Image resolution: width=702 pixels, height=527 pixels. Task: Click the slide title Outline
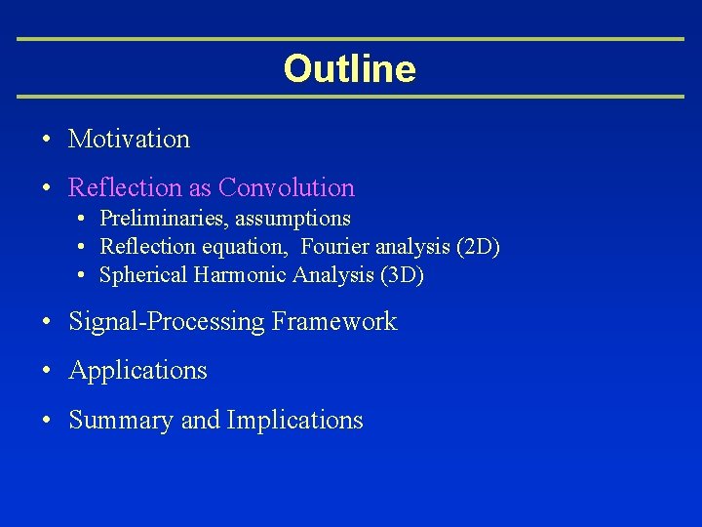point(349,69)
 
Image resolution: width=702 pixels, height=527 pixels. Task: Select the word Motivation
point(129,140)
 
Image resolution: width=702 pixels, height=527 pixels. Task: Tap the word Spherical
point(143,276)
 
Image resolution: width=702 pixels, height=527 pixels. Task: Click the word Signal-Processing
point(167,322)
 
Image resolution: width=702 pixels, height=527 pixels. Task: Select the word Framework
point(334,322)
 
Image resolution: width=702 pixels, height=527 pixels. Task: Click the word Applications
point(137,371)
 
